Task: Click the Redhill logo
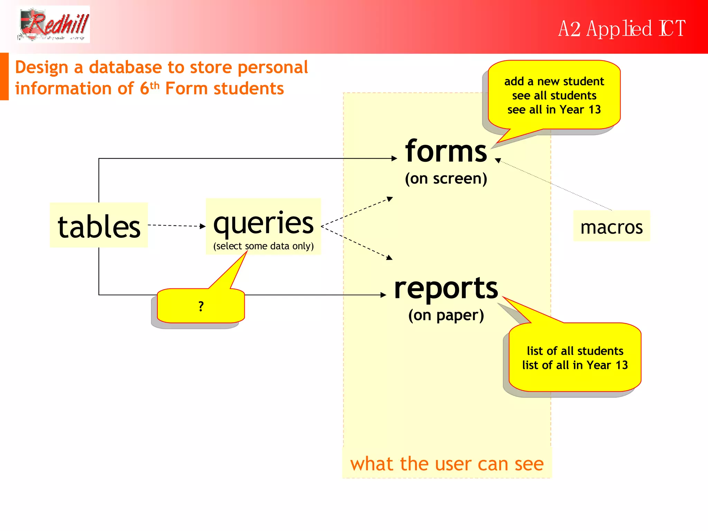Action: (x=54, y=24)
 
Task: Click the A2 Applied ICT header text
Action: (x=621, y=28)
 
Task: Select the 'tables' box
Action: (x=99, y=225)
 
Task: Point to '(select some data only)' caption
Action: (x=263, y=246)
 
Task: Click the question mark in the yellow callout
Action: (x=201, y=306)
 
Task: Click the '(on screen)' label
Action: (x=446, y=178)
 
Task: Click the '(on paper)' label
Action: (x=446, y=315)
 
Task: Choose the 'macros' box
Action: (x=611, y=226)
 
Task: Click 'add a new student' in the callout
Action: (x=554, y=81)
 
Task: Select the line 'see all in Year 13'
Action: (x=554, y=110)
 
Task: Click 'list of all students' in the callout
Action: (x=575, y=351)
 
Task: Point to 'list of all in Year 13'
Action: (x=575, y=365)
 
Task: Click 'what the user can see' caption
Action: (x=447, y=464)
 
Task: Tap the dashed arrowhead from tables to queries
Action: (x=203, y=226)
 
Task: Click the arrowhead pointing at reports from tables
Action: (x=383, y=295)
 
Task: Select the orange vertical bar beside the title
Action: (x=4, y=76)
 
